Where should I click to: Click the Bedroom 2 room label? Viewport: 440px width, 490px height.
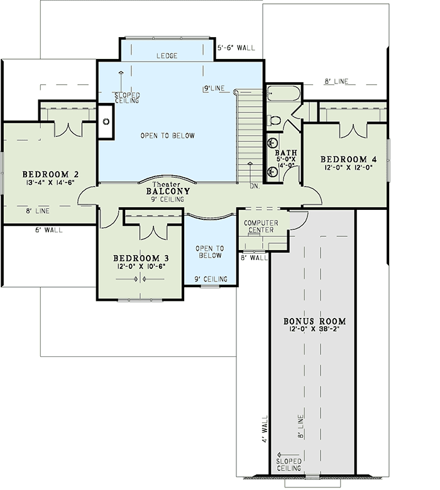pyautogui.click(x=50, y=175)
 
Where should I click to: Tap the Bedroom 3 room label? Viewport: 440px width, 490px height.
pyautogui.click(x=140, y=258)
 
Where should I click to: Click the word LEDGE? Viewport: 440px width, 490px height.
pyautogui.click(x=167, y=57)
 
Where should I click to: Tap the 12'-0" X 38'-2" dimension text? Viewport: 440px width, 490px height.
pyautogui.click(x=314, y=330)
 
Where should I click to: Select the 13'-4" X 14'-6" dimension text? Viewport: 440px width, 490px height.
pyautogui.click(x=50, y=183)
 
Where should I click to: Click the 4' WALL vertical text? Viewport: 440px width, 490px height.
pyautogui.click(x=265, y=429)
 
